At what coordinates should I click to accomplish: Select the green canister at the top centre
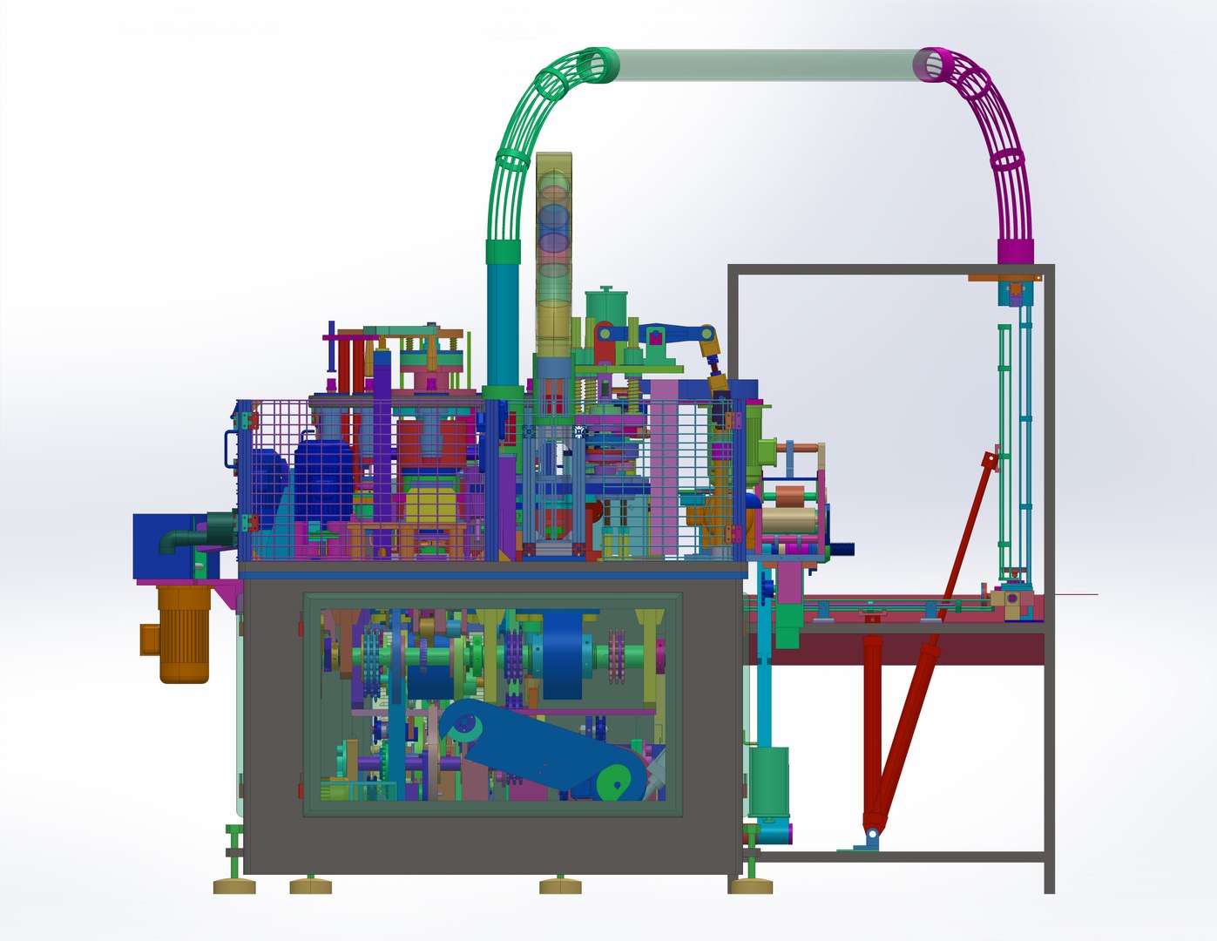pos(606,306)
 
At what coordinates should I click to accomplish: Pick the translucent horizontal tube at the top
pos(767,65)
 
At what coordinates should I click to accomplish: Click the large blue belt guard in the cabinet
pos(540,741)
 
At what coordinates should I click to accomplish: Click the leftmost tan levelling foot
pos(234,886)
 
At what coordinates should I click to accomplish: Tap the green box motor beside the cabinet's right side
pos(769,782)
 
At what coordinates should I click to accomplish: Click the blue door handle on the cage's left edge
pos(229,449)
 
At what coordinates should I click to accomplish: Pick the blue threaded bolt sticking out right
pos(842,549)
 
